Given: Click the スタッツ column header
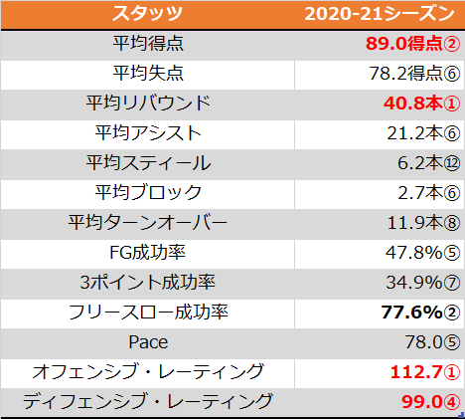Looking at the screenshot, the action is point(147,14).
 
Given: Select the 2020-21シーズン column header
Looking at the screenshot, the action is point(380,14).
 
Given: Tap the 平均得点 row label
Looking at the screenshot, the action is point(148,44).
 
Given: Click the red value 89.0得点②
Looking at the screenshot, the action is point(413,44).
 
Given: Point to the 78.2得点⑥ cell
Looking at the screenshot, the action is point(414,74).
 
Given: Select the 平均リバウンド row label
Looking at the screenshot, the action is point(148,104).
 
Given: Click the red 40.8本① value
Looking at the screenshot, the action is point(422,104).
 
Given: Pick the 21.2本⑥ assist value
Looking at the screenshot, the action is point(423,133).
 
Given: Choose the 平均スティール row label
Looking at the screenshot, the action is point(148,163).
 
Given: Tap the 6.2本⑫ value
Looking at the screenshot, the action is point(429,163).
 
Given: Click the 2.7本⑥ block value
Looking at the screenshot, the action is point(429,193).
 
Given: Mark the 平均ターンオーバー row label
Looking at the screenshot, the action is point(148,223).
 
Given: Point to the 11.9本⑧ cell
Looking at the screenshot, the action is point(423,223).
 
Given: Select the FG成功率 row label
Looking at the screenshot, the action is point(147,253).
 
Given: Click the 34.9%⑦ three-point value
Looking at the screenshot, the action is point(423,283).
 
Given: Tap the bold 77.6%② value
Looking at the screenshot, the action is point(420,313).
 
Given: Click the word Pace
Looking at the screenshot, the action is point(148,342).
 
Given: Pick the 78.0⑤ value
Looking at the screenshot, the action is point(432,342).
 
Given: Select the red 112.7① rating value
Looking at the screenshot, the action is point(425,372).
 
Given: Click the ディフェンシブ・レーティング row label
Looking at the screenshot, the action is point(148,401).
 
